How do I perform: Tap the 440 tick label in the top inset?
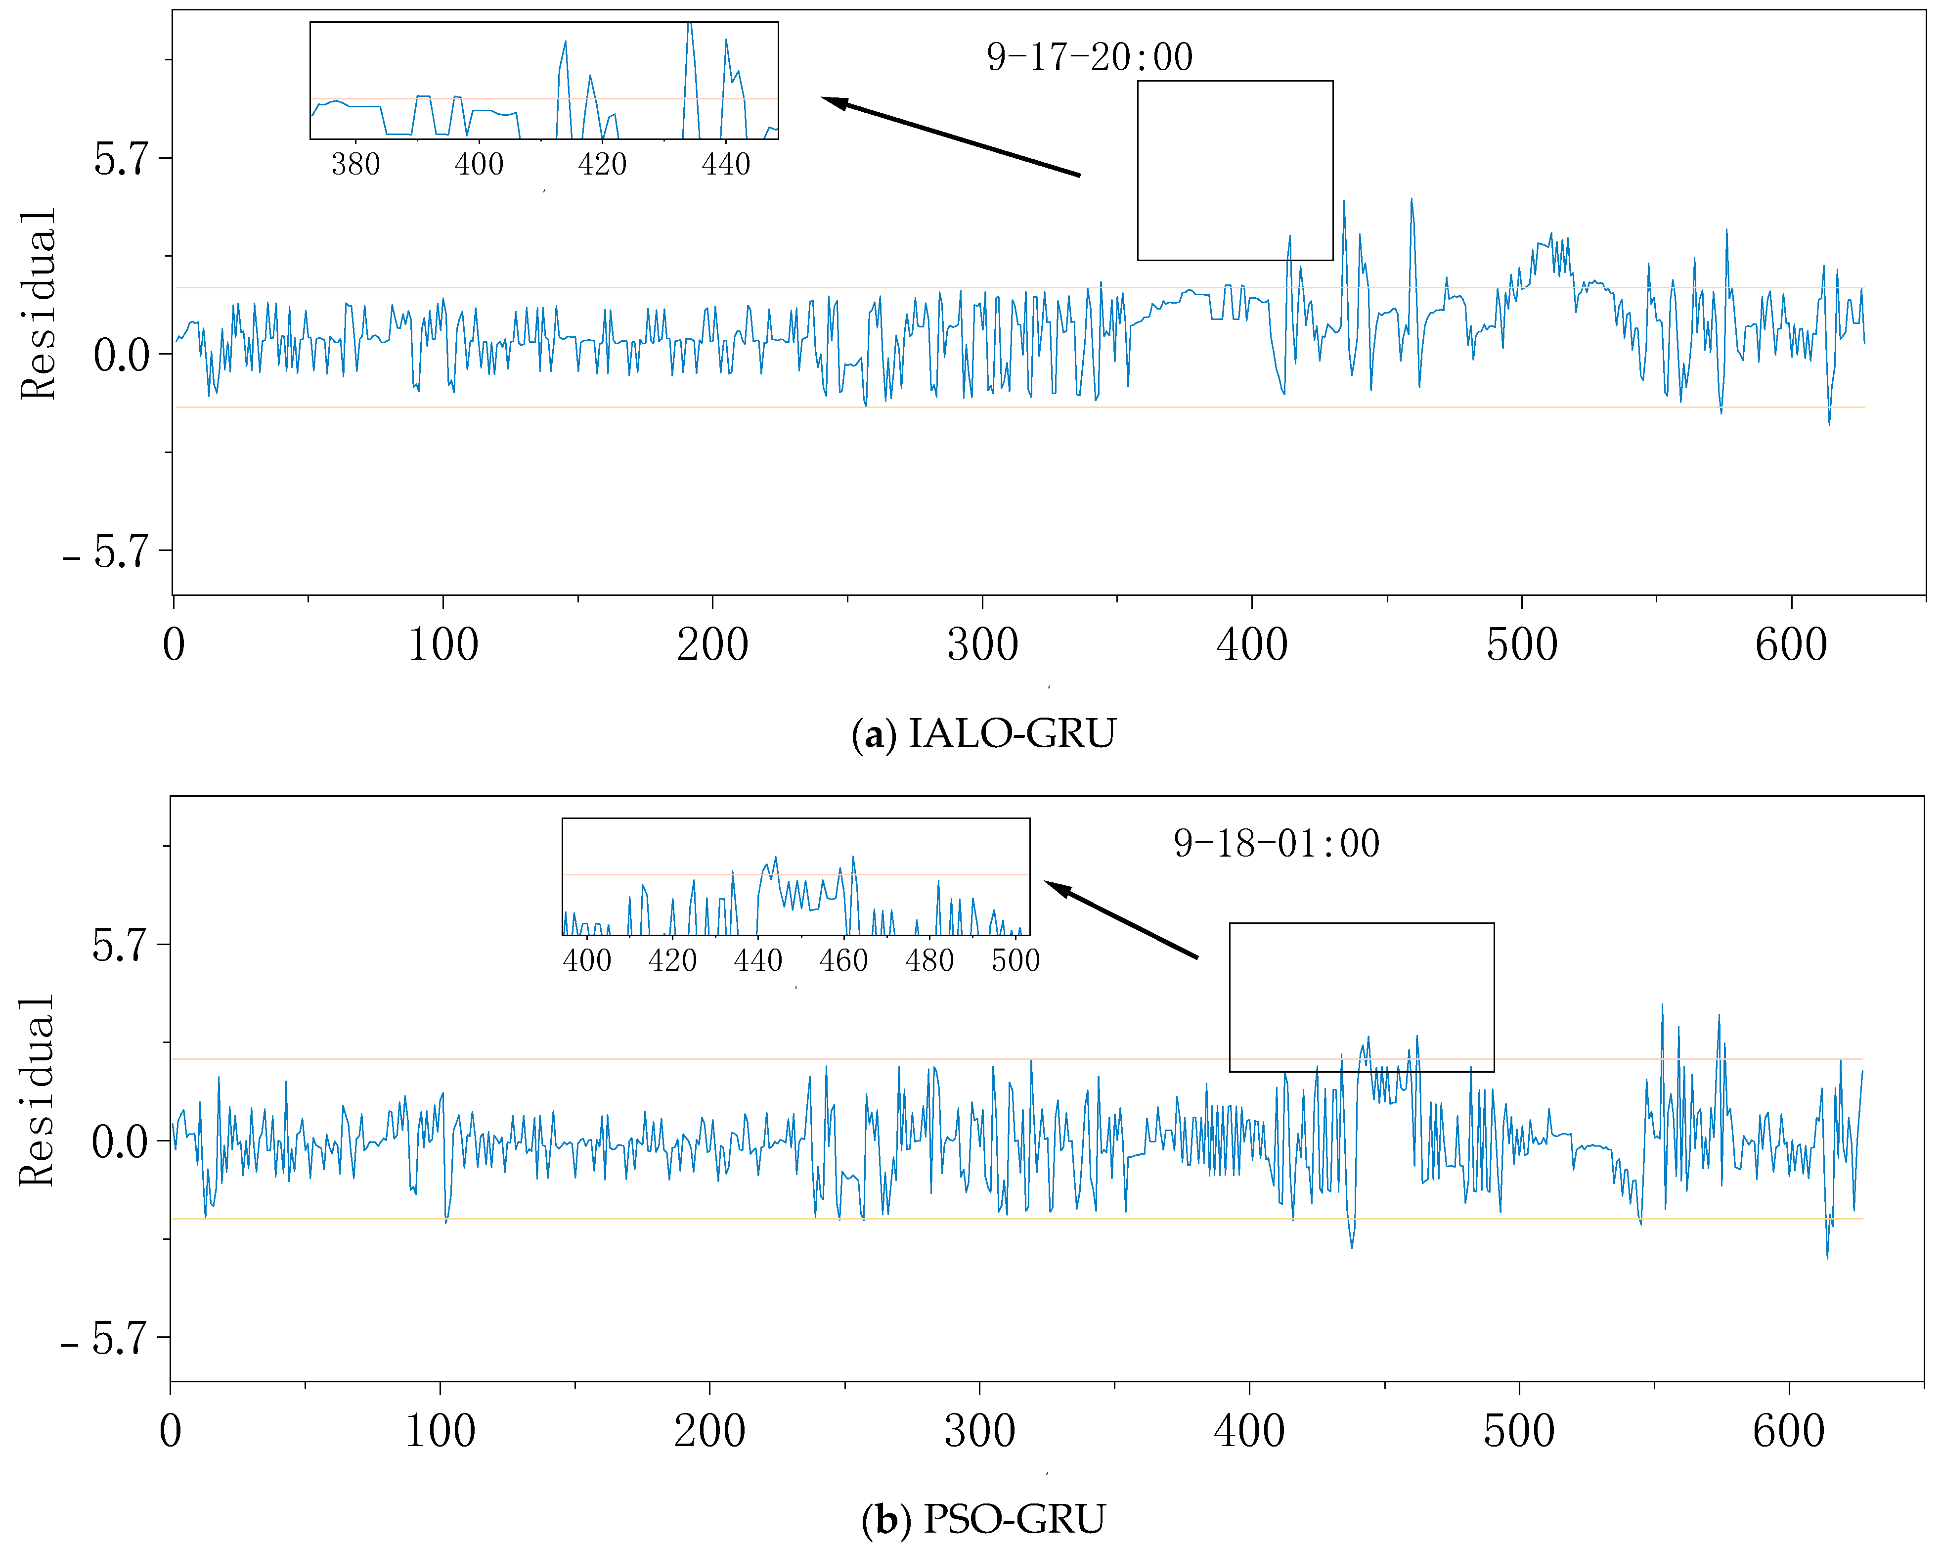(x=725, y=165)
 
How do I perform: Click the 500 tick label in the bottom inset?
(x=1015, y=960)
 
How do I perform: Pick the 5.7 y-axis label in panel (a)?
(x=120, y=159)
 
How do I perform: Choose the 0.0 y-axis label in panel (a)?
(x=120, y=355)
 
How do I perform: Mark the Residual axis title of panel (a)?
(x=39, y=305)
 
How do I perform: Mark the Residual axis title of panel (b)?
(x=37, y=1091)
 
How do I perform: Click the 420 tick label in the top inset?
(x=602, y=165)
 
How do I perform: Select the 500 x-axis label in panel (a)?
(x=1521, y=645)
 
